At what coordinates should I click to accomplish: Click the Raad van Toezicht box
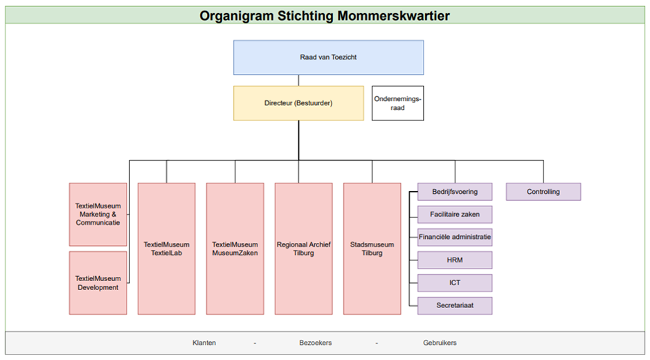coord(328,57)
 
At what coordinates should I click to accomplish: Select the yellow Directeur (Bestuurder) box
coord(298,103)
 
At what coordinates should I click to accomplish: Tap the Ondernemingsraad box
coord(397,103)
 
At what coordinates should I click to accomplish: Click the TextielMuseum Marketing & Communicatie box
coord(98,215)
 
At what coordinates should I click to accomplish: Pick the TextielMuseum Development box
coord(98,283)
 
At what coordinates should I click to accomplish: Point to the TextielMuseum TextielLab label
coord(166,249)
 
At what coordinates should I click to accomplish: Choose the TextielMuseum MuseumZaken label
coord(235,249)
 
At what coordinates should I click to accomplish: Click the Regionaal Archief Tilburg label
coord(303,249)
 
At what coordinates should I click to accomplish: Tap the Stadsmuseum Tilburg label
coord(372,249)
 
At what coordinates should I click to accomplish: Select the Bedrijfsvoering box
coord(455,192)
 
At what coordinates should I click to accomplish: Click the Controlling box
coord(543,192)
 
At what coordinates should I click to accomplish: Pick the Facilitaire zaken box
coord(455,215)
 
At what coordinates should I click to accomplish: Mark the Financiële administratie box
coord(455,237)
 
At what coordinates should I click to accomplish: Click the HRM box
coord(455,260)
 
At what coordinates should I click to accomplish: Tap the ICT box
coord(455,283)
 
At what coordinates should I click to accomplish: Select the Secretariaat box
coord(455,306)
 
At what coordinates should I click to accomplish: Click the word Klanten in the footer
coord(204,343)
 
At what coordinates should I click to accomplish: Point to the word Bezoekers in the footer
coord(316,343)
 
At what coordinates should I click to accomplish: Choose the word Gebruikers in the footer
coord(440,343)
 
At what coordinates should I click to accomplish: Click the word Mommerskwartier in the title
coord(393,16)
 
